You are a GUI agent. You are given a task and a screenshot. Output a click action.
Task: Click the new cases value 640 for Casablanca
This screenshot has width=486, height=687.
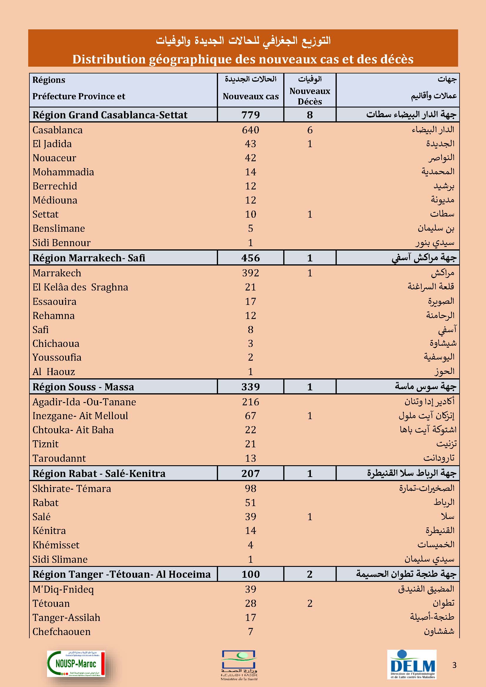click(250, 130)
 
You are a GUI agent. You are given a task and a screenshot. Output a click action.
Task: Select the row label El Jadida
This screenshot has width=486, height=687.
click(52, 144)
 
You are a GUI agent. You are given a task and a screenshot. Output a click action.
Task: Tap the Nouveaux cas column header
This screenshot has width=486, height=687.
click(250, 96)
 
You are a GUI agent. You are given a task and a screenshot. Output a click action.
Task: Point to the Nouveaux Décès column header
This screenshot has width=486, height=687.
click(310, 96)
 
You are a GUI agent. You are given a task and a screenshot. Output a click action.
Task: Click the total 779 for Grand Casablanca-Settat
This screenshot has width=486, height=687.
click(250, 115)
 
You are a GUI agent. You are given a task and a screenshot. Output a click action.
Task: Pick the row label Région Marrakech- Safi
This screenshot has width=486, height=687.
click(88, 258)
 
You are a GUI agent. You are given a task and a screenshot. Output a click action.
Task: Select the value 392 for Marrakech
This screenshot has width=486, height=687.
click(250, 273)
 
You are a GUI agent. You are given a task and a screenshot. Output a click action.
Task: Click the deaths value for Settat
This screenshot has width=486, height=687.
click(310, 214)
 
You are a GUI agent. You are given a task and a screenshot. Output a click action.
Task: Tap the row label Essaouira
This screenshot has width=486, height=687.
click(54, 301)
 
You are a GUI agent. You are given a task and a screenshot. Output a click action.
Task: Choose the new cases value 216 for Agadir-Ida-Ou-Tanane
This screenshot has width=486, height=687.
click(250, 402)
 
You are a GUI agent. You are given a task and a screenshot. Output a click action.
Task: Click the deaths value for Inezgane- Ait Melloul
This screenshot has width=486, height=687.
click(310, 416)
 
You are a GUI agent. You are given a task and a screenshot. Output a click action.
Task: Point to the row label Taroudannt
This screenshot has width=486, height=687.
click(59, 458)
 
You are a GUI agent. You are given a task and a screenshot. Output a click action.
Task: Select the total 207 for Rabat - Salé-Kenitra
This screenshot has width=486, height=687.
click(250, 473)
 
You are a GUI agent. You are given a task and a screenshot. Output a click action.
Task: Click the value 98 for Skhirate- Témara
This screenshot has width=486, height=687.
click(250, 488)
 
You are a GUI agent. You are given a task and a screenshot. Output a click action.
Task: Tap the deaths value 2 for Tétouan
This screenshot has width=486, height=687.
click(310, 603)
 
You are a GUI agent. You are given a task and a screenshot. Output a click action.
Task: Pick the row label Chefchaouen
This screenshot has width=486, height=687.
click(61, 631)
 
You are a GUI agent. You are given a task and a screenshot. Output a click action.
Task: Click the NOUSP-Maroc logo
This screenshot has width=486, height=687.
click(76, 664)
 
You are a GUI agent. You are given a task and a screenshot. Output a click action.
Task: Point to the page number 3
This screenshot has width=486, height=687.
click(454, 665)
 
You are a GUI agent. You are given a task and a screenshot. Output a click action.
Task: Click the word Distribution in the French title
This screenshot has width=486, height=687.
click(108, 59)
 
